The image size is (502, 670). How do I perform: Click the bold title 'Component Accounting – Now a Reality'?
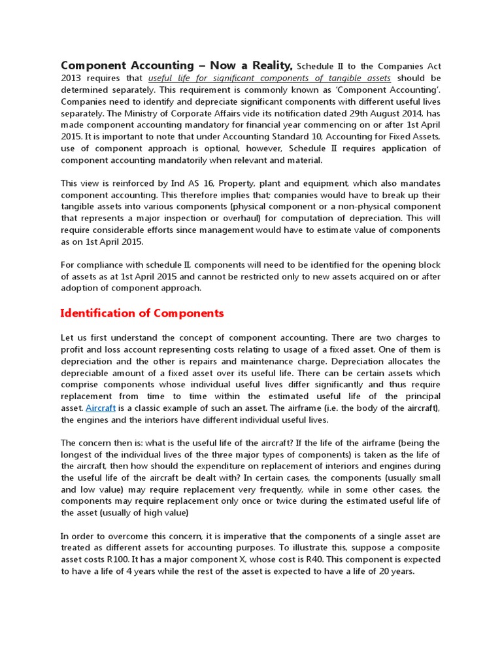[x=176, y=65]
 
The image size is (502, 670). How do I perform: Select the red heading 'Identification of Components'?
[x=142, y=313]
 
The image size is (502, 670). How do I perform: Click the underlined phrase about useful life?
[x=269, y=78]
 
